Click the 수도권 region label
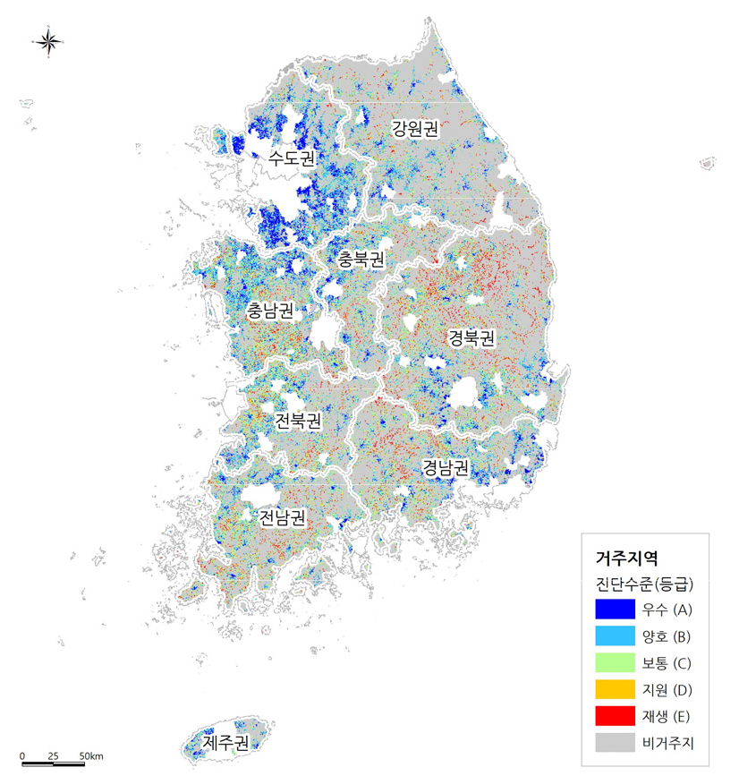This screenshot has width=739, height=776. pyautogui.click(x=293, y=159)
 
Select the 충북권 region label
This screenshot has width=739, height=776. pyautogui.click(x=361, y=260)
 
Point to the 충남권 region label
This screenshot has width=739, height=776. pyautogui.click(x=271, y=311)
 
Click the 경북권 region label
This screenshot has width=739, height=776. pyautogui.click(x=471, y=337)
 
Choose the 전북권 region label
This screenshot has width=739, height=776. pyautogui.click(x=298, y=421)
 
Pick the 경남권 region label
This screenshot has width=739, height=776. pyautogui.click(x=446, y=467)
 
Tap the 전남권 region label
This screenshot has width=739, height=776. pyautogui.click(x=282, y=517)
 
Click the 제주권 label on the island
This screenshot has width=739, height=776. pyautogui.click(x=224, y=742)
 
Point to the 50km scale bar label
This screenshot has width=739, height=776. pyautogui.click(x=90, y=756)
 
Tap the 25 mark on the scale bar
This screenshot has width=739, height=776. pyautogui.click(x=53, y=756)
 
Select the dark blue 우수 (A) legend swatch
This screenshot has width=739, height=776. pyautogui.click(x=613, y=610)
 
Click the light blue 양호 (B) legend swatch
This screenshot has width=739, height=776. pyautogui.click(x=613, y=636)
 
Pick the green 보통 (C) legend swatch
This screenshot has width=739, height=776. pyautogui.click(x=613, y=663)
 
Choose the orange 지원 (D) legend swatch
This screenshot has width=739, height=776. pyautogui.click(x=613, y=690)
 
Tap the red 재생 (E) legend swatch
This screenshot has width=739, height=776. pyautogui.click(x=613, y=717)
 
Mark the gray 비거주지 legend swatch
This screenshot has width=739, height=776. pyautogui.click(x=613, y=743)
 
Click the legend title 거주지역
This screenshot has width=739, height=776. pyautogui.click(x=627, y=557)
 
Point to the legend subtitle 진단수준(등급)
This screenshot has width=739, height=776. pyautogui.click(x=644, y=584)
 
